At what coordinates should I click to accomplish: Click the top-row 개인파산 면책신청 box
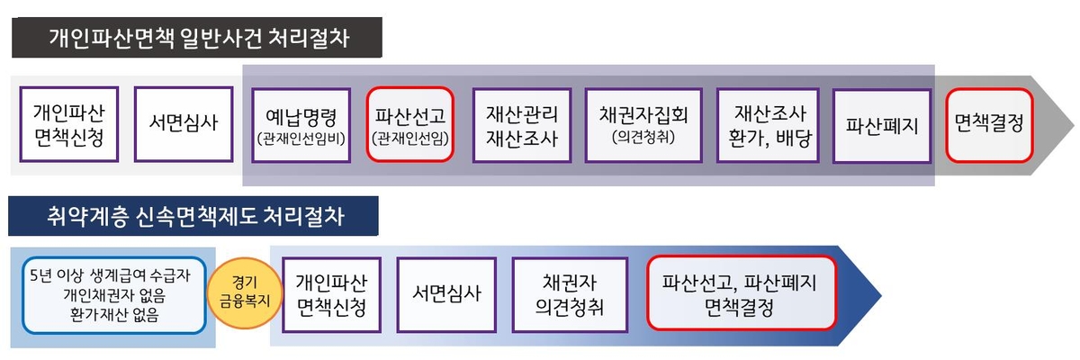[68, 124]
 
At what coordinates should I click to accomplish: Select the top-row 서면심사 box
[183, 124]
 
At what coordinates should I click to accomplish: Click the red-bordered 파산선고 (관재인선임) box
[410, 124]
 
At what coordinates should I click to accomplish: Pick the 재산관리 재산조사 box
[522, 124]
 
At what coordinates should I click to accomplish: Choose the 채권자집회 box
[643, 124]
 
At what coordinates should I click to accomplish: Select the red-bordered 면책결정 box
[989, 124]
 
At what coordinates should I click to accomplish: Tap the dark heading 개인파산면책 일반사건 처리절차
[198, 39]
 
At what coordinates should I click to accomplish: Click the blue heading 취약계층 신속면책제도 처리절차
[193, 217]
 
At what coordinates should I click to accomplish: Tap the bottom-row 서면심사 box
[446, 293]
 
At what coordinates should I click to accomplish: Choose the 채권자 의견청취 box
[568, 293]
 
